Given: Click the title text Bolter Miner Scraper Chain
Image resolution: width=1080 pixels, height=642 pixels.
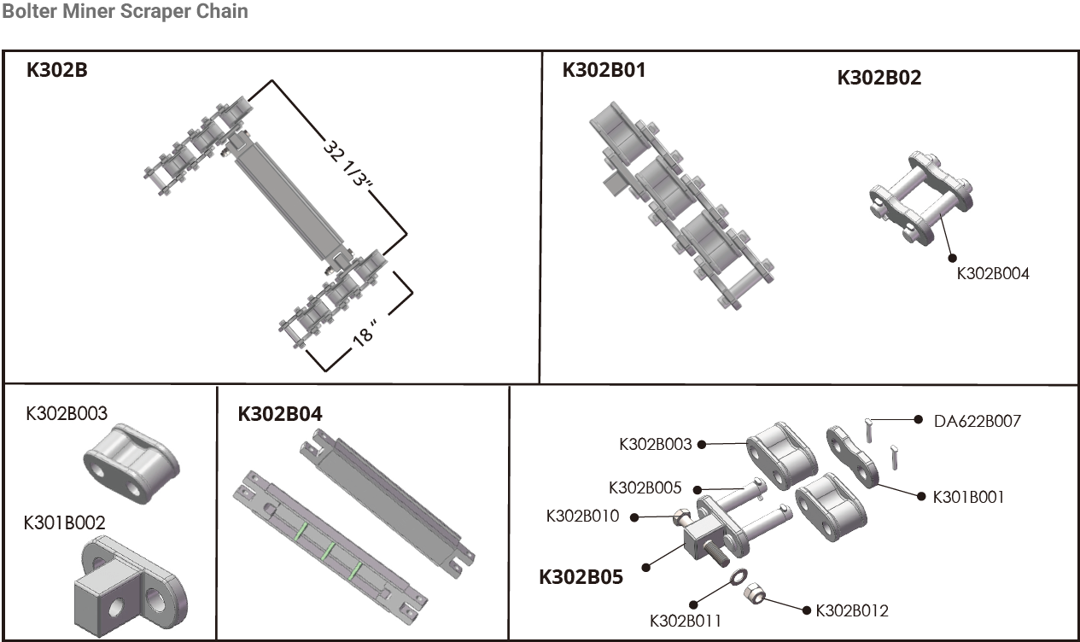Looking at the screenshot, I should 125,12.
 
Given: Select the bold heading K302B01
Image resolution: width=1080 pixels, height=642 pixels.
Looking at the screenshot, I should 604,70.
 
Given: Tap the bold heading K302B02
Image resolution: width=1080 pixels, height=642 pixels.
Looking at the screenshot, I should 879,78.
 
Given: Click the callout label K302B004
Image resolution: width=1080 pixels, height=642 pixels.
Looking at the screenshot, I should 992,274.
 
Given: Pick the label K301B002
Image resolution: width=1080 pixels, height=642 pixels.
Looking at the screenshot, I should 65,522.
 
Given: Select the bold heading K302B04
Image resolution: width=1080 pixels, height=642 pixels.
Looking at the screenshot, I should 280,414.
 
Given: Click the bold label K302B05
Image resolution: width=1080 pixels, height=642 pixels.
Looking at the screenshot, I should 581,577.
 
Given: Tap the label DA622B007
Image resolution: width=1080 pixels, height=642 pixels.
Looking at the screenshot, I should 977,420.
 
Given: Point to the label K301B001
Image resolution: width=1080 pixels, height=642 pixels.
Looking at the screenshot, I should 968,496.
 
